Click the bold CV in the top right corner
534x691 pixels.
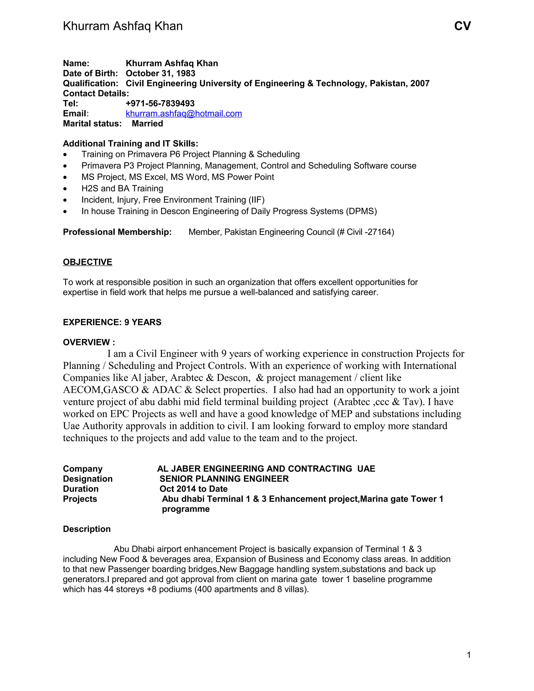pyautogui.click(x=462, y=26)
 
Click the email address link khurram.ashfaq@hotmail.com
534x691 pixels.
pyautogui.click(x=184, y=114)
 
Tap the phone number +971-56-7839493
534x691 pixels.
pyautogui.click(x=160, y=104)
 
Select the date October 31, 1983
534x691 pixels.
pyautogui.click(x=160, y=74)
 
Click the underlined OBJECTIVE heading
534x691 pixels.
pyautogui.click(x=87, y=262)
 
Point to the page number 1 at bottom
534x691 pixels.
pyautogui.click(x=469, y=655)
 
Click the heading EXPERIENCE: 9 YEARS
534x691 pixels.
pyautogui.click(x=112, y=322)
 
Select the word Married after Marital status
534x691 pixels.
pyautogui.click(x=147, y=124)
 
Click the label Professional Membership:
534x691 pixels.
pyautogui.click(x=117, y=232)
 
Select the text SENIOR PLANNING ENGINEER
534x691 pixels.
pyautogui.click(x=224, y=479)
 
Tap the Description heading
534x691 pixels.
pyautogui.click(x=87, y=529)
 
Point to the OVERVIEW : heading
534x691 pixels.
pyautogui.click(x=89, y=342)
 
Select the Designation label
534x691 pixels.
pyautogui.click(x=88, y=479)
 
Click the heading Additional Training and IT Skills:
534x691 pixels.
pyautogui.click(x=130, y=144)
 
